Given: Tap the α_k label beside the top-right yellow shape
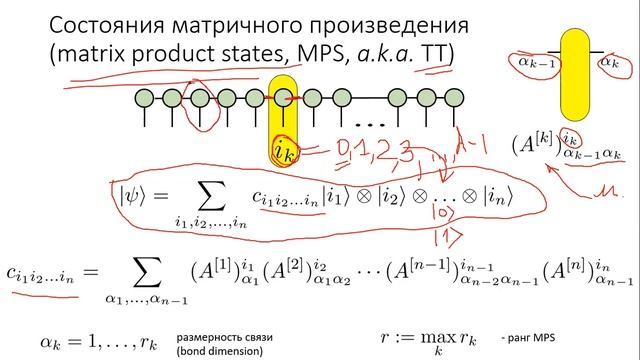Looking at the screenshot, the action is [x=606, y=63].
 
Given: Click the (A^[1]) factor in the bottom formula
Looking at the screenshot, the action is [x=209, y=270].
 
